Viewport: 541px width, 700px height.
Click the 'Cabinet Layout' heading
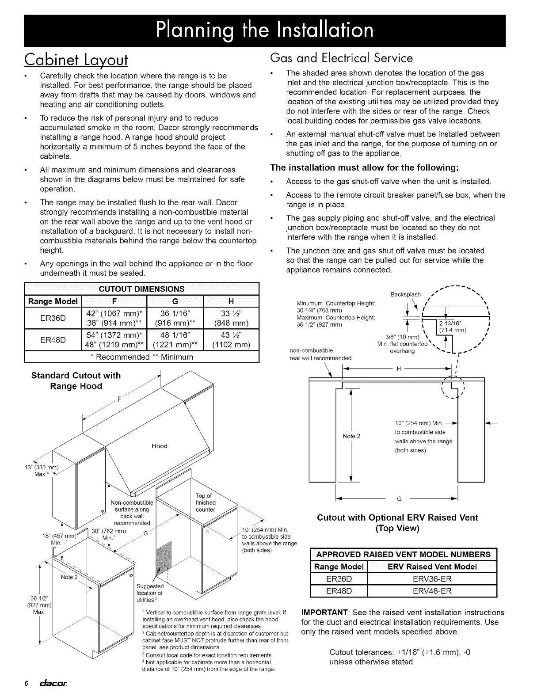[76, 59]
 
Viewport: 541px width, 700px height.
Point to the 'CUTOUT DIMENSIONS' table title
[141, 289]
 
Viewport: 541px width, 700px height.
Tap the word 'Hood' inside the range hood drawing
[160, 446]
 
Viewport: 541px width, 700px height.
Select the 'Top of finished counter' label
[206, 502]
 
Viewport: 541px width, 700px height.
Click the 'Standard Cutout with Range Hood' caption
[76, 381]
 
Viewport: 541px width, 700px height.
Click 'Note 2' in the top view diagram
[352, 436]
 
